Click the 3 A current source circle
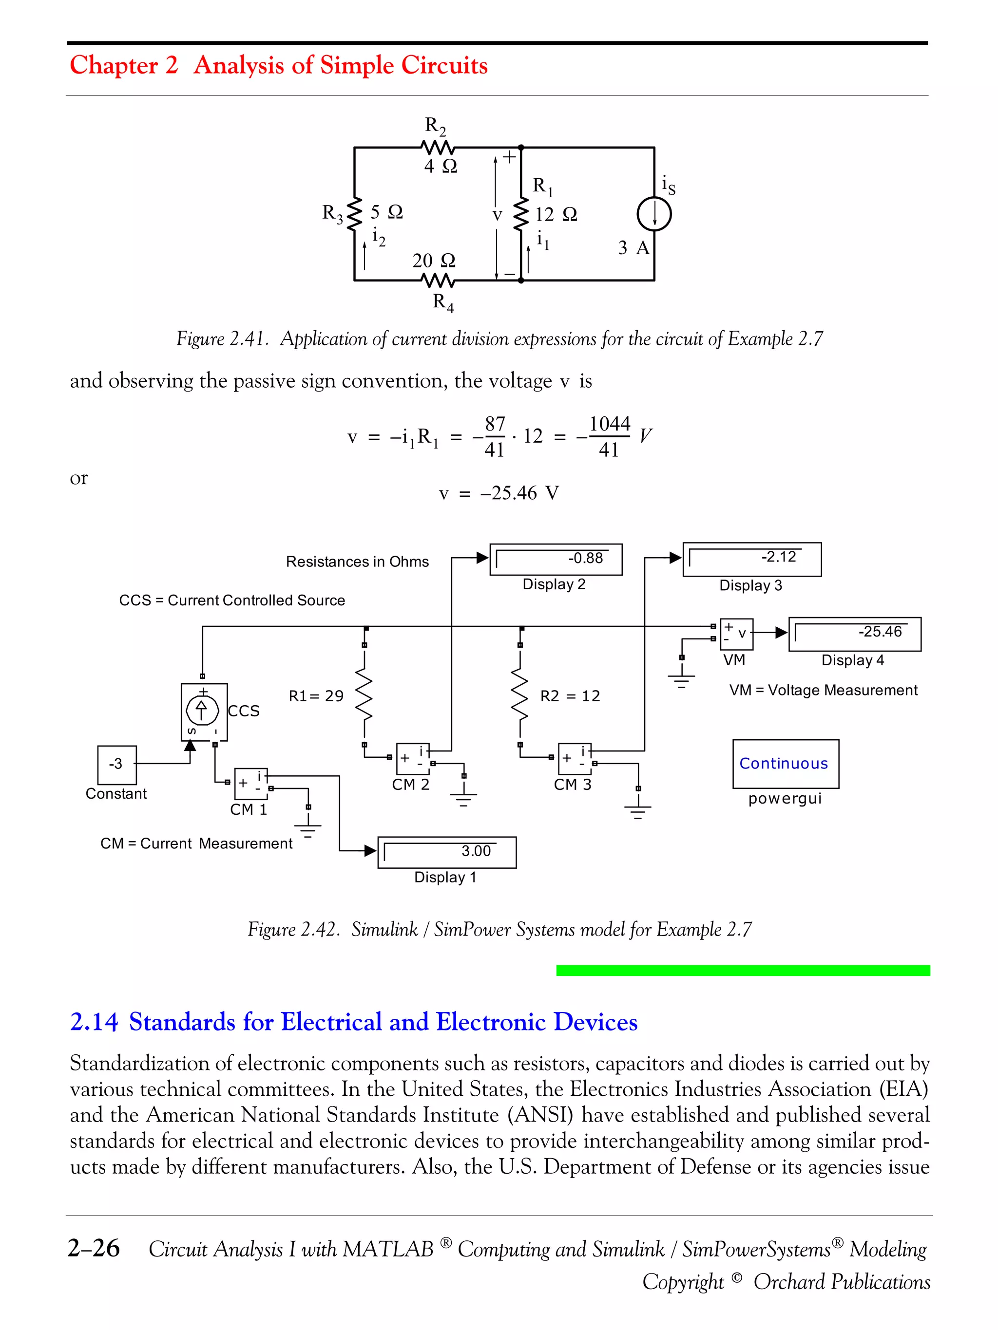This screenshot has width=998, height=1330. click(x=654, y=214)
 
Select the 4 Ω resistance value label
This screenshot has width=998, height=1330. click(x=441, y=166)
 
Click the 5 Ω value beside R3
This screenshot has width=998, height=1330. click(x=386, y=212)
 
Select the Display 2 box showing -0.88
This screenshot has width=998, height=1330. click(x=556, y=559)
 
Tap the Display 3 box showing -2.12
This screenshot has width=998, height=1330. click(x=751, y=559)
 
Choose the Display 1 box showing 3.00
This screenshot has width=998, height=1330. click(x=446, y=852)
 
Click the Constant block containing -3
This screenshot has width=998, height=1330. click(x=116, y=765)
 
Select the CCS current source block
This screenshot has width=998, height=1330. click(x=204, y=712)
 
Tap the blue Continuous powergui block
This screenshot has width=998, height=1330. click(x=785, y=764)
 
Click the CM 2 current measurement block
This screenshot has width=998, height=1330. click(x=413, y=759)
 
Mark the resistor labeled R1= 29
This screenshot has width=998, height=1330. click(x=364, y=695)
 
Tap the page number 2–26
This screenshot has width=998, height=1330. click(x=94, y=1248)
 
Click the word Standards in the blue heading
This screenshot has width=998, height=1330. click(x=182, y=1022)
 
